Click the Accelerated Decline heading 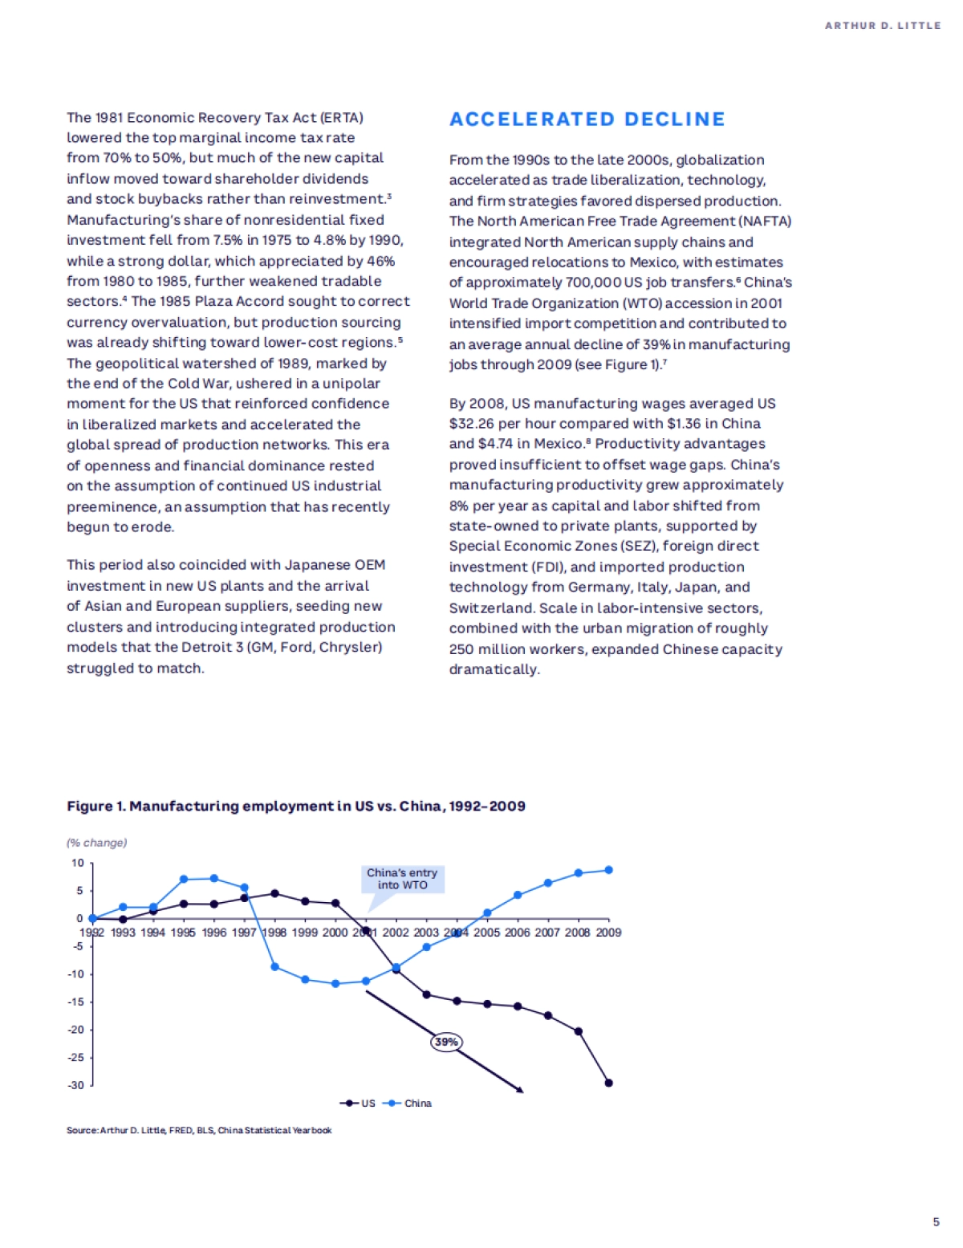click(x=587, y=120)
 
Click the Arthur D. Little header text click(x=883, y=26)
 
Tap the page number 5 click(x=936, y=1222)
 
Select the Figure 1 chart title click(x=295, y=806)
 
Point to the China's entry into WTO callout click(x=402, y=879)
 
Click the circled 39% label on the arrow click(x=446, y=1042)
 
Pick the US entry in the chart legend click(x=359, y=1104)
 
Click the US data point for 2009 click(x=608, y=1083)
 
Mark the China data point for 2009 click(x=608, y=870)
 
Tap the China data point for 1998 click(x=274, y=967)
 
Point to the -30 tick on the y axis click(x=76, y=1085)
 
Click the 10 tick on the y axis click(x=78, y=863)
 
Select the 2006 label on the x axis click(x=518, y=933)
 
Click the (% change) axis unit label click(x=96, y=843)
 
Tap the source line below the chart click(x=199, y=1130)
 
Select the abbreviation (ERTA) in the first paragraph click(x=342, y=118)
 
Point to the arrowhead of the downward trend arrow click(x=520, y=1091)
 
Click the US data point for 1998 click(x=274, y=893)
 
